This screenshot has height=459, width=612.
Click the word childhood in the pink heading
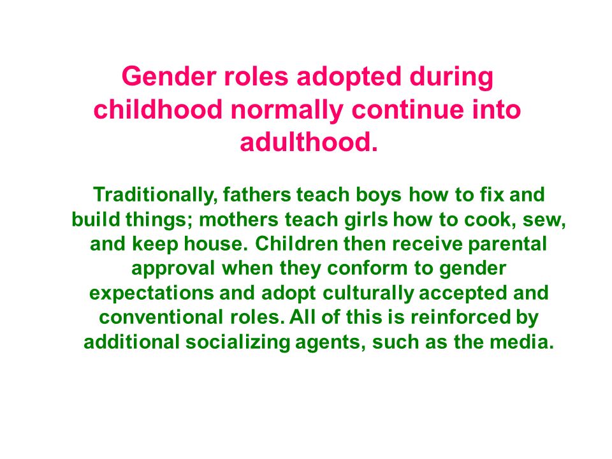(x=158, y=110)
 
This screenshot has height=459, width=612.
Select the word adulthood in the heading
(x=305, y=142)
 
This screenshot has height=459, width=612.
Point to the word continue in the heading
(x=407, y=110)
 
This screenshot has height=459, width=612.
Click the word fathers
(x=257, y=194)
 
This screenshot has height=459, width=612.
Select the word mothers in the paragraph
(x=238, y=219)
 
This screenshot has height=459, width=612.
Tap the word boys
(x=378, y=195)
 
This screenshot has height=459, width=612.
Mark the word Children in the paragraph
(x=296, y=244)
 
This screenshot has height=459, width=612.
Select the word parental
(x=507, y=245)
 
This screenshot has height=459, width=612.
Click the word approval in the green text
(x=173, y=269)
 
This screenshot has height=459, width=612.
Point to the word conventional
(x=161, y=317)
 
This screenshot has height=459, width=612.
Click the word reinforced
(x=460, y=317)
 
